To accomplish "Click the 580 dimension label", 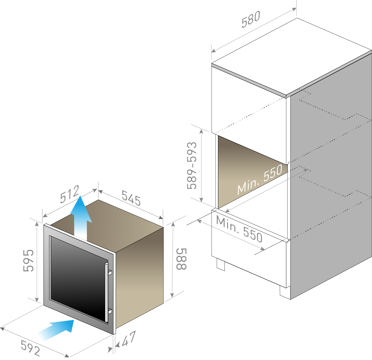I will [251, 19].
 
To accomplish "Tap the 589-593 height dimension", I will [192, 166].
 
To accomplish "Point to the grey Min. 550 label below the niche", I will [239, 229].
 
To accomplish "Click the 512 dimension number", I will [70, 194].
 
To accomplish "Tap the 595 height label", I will [29, 261].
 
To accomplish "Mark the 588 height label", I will [181, 259].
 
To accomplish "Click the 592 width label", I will [30, 348].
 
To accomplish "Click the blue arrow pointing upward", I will [81, 218].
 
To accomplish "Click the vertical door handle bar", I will [107, 292].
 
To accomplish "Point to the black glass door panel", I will [78, 277].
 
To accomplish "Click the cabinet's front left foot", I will [221, 265].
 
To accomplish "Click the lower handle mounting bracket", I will [110, 311].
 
